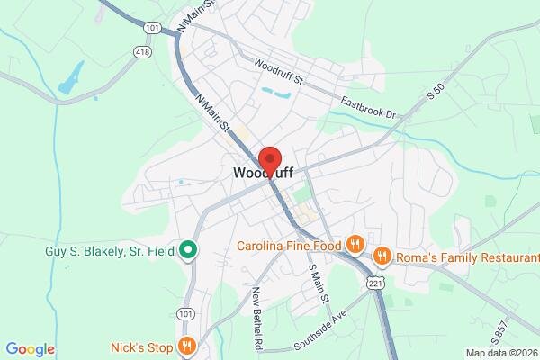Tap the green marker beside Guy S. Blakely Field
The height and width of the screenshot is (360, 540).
click(188, 249)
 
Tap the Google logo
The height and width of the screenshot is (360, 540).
click(30, 349)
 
